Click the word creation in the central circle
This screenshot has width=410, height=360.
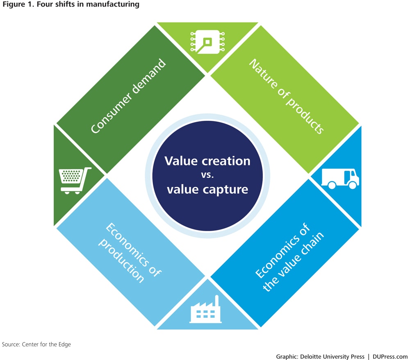click(x=229, y=161)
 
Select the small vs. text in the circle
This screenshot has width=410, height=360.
click(x=207, y=175)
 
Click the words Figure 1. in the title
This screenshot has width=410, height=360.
click(x=14, y=5)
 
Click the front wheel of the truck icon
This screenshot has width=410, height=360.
click(x=352, y=186)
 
